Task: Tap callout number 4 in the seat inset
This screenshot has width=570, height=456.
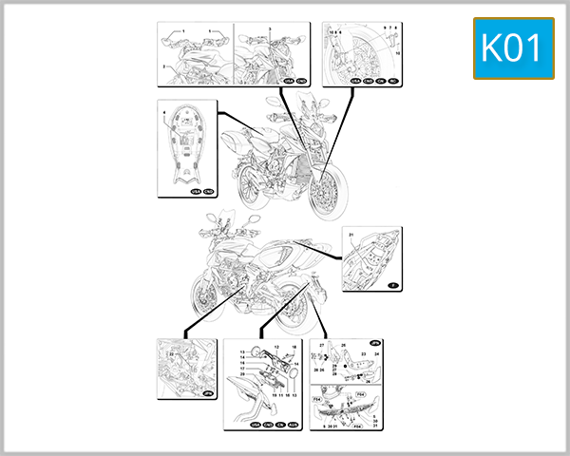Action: (x=163, y=115)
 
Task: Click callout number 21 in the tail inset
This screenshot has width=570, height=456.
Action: (x=350, y=235)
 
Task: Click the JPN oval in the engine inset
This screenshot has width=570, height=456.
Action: (x=207, y=393)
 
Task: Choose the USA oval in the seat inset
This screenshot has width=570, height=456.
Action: (x=196, y=190)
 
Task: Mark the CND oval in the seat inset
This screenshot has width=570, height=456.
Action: (x=208, y=190)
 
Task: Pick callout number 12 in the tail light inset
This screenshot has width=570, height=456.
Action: (x=275, y=348)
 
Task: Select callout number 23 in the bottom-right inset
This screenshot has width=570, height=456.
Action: (x=363, y=352)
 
